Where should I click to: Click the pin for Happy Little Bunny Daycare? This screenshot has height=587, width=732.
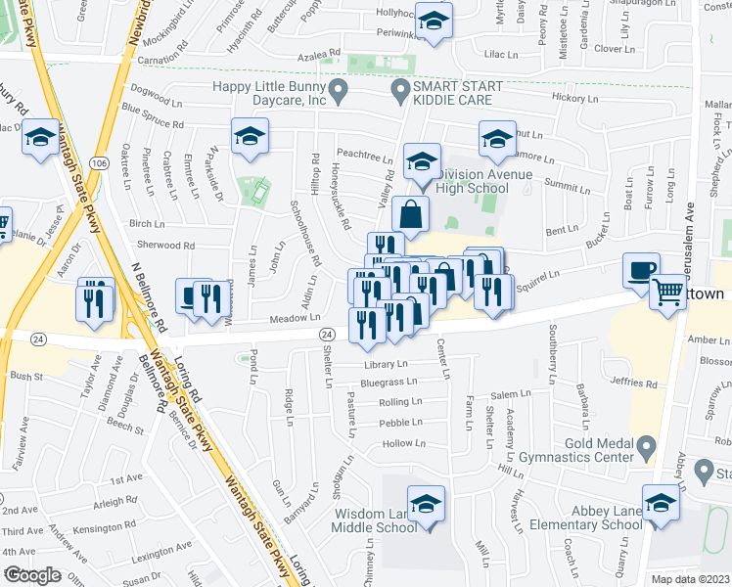click(340, 94)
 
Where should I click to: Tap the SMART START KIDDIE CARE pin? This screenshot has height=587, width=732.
click(399, 94)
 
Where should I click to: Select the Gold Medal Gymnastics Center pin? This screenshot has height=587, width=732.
click(645, 448)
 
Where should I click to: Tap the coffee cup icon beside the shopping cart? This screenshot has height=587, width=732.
click(641, 270)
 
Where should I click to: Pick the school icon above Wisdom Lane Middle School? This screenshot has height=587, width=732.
click(426, 504)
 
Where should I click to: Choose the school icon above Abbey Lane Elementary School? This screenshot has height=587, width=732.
click(662, 503)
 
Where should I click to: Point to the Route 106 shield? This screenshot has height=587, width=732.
click(99, 163)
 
